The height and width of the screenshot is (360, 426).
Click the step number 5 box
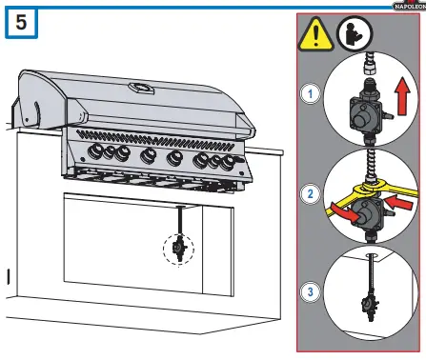23,25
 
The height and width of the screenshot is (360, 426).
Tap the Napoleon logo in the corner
404,5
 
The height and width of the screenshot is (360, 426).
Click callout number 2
310,196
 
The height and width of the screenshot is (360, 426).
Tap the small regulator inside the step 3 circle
364,306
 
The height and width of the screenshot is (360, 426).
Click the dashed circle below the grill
179,249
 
